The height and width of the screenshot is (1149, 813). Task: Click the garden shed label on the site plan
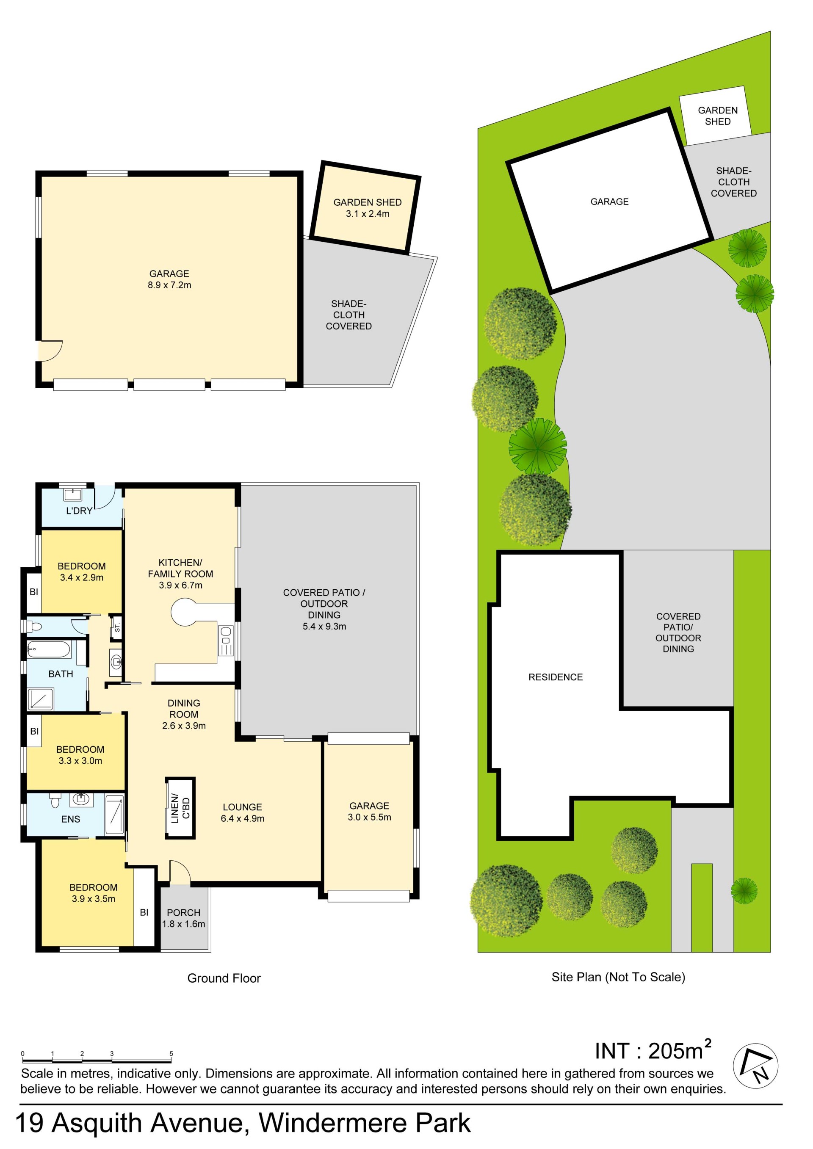pos(717,116)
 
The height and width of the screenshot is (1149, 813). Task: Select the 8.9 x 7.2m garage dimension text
pos(169,285)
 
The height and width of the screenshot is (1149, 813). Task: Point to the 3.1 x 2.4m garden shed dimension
pos(368,214)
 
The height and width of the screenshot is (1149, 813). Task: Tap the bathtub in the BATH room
pos(49,649)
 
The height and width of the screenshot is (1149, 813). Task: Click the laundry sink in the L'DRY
pos(72,495)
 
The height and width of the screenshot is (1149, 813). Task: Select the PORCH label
pos(183,913)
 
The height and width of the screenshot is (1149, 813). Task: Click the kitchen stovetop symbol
pos(226,641)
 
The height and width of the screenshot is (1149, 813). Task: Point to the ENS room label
pos(71,819)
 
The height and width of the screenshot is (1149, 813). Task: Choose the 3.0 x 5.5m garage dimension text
pos(370,817)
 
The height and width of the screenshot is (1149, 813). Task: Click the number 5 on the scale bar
pos(171,1053)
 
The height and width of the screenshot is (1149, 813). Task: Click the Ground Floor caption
pos(224,978)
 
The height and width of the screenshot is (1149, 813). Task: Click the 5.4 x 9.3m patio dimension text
pos(324,626)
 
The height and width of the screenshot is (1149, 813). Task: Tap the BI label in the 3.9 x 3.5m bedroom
pos(144,912)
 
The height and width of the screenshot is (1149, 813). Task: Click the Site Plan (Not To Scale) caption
pos(618,977)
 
